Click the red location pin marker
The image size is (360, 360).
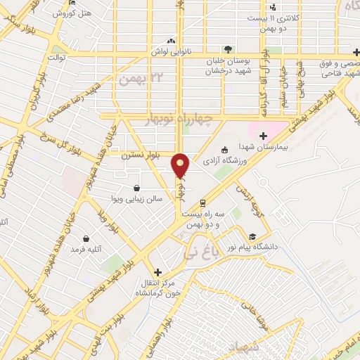click(181, 166)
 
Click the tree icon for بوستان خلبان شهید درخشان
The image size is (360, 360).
click(228, 49)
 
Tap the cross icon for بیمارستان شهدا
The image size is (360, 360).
click(263, 136)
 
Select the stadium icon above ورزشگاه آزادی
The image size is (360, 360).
click(224, 150)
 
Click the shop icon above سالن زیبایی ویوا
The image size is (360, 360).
click(136, 188)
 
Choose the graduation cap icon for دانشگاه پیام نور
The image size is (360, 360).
click(252, 236)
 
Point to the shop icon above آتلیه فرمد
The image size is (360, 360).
click(86, 238)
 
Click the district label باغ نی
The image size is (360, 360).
click(200, 247)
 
